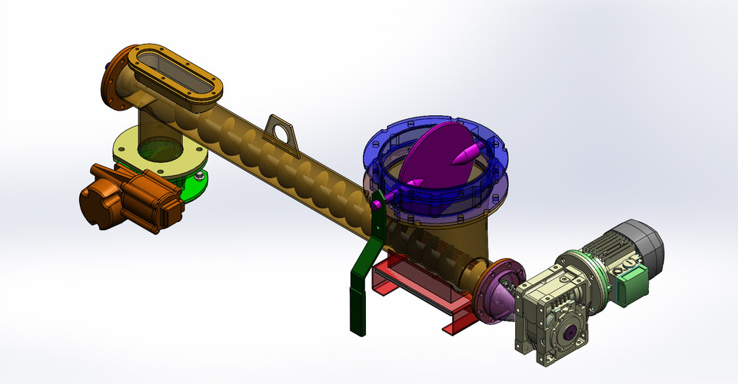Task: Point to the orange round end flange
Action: point(115,81)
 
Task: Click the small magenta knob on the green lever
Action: point(377,204)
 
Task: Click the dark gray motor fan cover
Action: point(646,238)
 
